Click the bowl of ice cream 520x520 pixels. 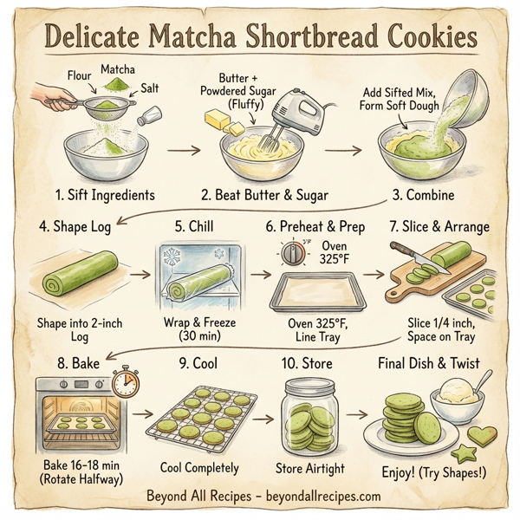click(x=458, y=399)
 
